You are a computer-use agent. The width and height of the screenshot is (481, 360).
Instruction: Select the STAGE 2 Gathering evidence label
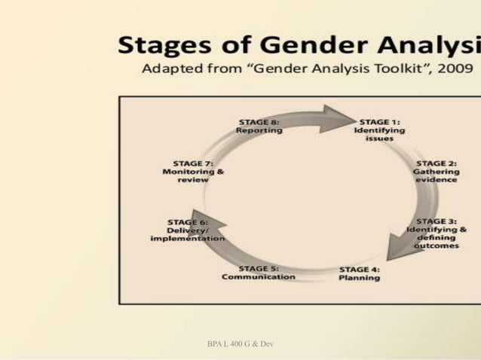tap(437, 171)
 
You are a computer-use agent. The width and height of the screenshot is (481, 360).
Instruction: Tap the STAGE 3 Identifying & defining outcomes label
tap(437, 234)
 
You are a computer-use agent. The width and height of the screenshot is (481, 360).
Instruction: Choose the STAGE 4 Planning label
tap(360, 273)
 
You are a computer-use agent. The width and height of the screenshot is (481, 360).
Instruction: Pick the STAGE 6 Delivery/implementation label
tap(188, 230)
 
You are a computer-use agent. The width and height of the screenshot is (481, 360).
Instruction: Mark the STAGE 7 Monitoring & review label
tap(194, 171)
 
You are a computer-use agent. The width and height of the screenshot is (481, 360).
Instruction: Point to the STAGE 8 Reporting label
tap(259, 125)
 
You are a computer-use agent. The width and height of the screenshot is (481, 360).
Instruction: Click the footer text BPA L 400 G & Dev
tap(239, 343)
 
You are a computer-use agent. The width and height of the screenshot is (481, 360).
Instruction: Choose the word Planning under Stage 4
tap(360, 277)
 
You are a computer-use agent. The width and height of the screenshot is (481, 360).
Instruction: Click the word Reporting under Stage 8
tap(259, 130)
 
